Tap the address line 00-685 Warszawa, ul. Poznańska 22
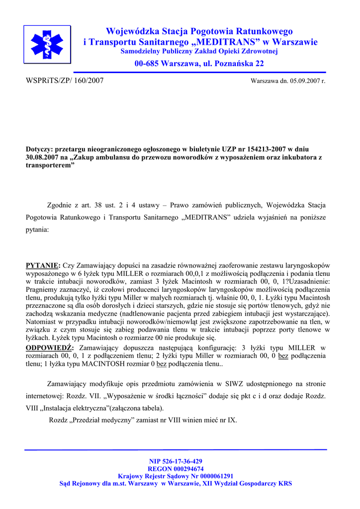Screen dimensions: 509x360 point(199,64)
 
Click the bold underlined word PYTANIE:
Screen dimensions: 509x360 point(43,265)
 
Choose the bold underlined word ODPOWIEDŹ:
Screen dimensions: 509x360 point(50,347)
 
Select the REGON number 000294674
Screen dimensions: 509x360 point(187,469)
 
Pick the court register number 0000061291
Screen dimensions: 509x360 point(211,476)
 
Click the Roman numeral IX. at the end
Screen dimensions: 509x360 point(232,420)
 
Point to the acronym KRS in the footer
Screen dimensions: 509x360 point(285,483)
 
